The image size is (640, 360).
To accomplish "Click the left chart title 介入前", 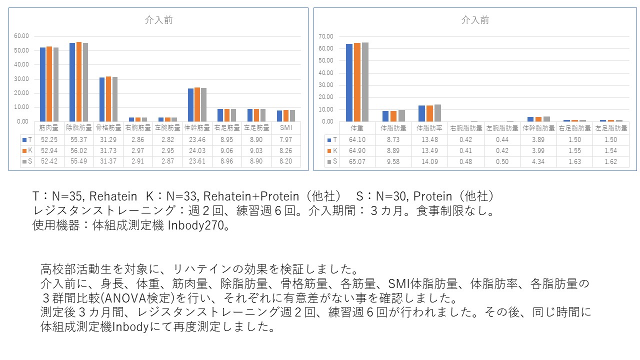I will [158, 20].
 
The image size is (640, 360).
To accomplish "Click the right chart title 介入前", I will [475, 20].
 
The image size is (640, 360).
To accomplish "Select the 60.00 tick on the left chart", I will [22, 36].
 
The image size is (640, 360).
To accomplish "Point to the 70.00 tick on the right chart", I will [325, 36].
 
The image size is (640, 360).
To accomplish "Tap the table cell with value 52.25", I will [49, 140].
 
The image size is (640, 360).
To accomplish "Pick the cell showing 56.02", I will [79, 151].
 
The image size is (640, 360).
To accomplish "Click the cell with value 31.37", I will [108, 161].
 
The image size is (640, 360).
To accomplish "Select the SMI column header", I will [286, 128].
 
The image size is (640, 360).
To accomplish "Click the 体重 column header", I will [357, 128].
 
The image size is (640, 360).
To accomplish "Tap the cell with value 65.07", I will [357, 161].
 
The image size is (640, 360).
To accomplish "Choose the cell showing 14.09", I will [429, 161].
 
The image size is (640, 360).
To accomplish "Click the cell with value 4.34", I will [538, 161].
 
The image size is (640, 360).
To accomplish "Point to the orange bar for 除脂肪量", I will [79, 81].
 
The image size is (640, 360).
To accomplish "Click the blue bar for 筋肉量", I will [43, 84].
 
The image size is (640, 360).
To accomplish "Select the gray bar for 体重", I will [365, 82].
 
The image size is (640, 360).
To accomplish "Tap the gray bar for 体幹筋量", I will [203, 104].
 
